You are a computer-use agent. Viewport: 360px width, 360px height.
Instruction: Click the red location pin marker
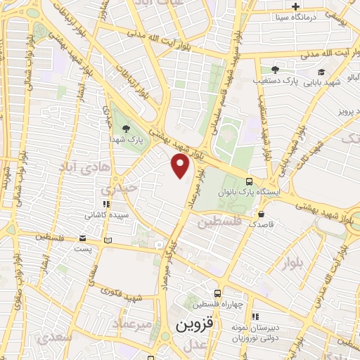pyautogui.click(x=181, y=165)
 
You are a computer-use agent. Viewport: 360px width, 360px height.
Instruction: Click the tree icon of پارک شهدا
pyautogui.click(x=126, y=128)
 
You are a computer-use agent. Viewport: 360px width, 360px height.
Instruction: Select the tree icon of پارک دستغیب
pyautogui.click(x=275, y=70)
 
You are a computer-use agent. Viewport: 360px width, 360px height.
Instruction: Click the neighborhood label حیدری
pyautogui.click(x=116, y=188)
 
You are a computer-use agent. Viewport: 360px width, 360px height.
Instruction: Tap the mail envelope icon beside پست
pyautogui.click(x=83, y=238)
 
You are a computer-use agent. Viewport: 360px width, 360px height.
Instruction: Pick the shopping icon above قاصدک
pyautogui.click(x=262, y=214)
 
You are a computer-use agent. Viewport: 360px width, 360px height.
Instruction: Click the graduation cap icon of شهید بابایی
pyautogui.click(x=321, y=71)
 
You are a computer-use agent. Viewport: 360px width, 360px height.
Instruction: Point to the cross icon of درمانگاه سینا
pyautogui.click(x=296, y=6)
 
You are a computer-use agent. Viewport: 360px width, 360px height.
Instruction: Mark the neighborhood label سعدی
pyautogui.click(x=57, y=337)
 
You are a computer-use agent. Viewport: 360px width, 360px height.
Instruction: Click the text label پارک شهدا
pyautogui.click(x=126, y=140)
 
